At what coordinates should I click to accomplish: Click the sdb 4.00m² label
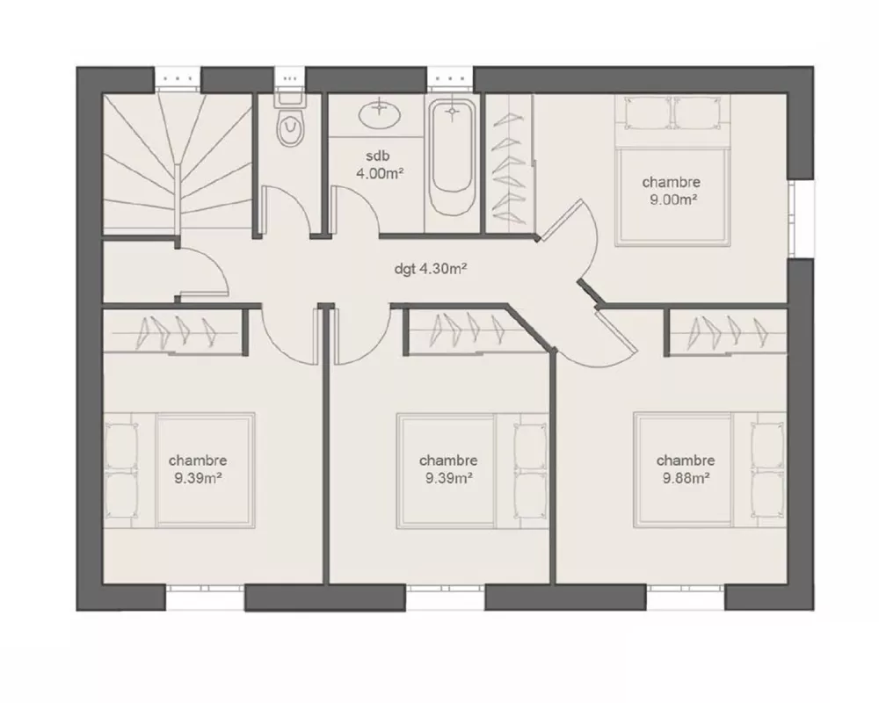click(x=379, y=165)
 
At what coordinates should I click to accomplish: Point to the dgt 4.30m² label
click(x=430, y=269)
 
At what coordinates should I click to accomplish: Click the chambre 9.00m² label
click(x=671, y=191)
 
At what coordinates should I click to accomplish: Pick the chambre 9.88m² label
click(x=685, y=469)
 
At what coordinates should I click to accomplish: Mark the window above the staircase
click(x=179, y=78)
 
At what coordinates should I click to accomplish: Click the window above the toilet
click(x=289, y=78)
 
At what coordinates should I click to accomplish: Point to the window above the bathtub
click(x=451, y=78)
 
